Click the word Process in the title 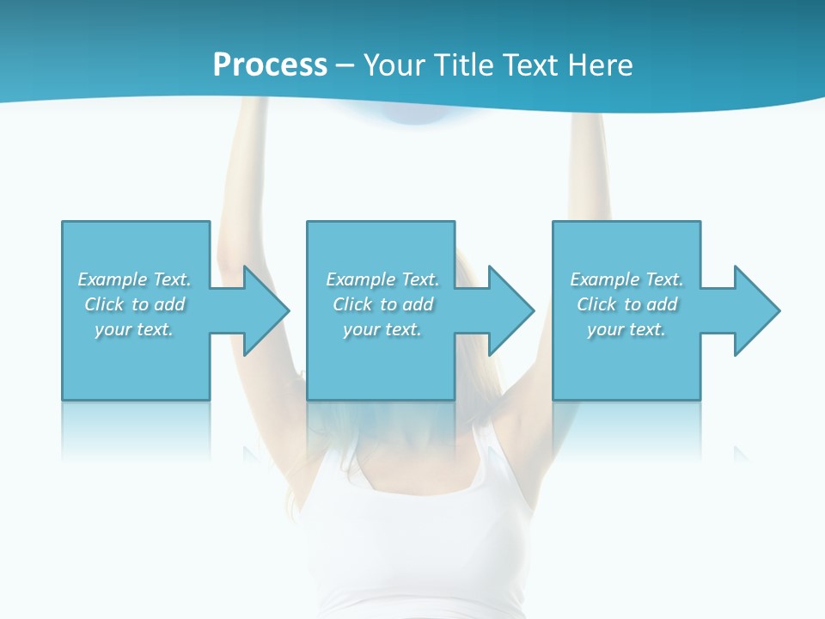point(270,65)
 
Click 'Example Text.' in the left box point(134,279)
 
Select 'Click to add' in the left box point(134,304)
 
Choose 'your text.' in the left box point(134,329)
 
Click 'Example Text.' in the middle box point(382,279)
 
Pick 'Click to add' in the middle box point(382,304)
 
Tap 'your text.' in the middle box point(382,329)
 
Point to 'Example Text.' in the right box point(626,279)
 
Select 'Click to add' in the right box point(626,304)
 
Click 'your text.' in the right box point(626,329)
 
